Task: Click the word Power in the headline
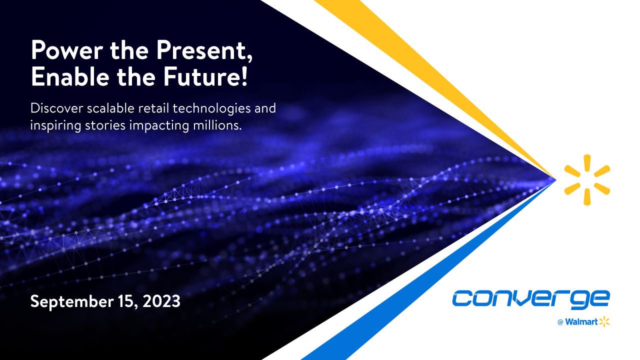coord(67,50)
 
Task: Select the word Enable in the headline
coord(70,76)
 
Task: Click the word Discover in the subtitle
coord(56,108)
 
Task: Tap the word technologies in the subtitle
coord(211,109)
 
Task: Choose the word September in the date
coord(72,301)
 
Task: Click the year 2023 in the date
coord(161,301)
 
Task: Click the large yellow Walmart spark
coord(587,180)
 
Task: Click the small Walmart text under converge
coord(581,322)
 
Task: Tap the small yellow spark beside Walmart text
coord(604,321)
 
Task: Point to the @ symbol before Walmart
coord(560,322)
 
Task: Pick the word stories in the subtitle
coord(105,125)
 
